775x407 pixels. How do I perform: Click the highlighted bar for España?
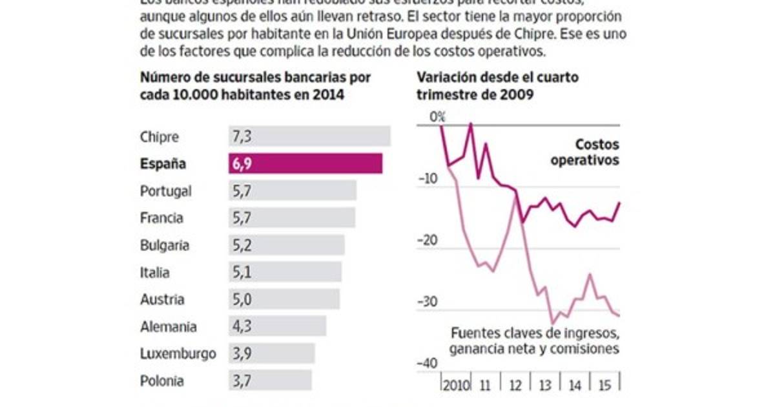pos(305,163)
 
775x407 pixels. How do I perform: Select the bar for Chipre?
pos(309,136)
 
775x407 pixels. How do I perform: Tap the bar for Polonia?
pos(269,381)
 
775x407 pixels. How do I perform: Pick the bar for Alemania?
pos(276,326)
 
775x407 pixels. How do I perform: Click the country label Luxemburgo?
pos(178,353)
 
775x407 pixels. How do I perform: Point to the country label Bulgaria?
pos(165,245)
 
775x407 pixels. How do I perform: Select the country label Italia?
pos(155,272)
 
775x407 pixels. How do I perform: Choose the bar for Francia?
pos(291,218)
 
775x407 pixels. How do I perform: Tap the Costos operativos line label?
pos(585,152)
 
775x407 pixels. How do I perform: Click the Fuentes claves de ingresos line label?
pos(535,340)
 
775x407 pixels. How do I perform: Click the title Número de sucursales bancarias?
pos(255,85)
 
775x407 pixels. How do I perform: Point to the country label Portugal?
pos(165,191)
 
